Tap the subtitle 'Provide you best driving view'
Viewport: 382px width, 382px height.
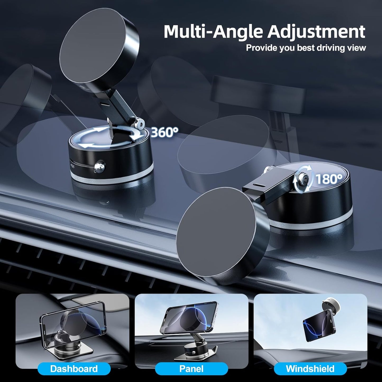pos(306,48)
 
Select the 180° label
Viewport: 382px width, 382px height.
pos(329,179)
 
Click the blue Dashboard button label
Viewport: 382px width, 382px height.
pos(74,369)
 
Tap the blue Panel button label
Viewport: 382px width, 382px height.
pos(191,369)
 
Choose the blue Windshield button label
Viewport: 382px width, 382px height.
pos(310,369)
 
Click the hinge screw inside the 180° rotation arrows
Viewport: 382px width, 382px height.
pos(303,175)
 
